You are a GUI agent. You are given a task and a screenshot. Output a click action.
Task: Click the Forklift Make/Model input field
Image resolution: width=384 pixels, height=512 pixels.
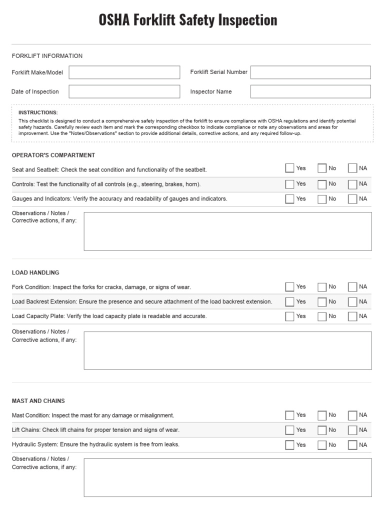[x=124, y=72]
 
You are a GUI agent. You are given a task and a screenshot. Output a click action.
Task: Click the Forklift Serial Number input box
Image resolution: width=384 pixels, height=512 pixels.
[x=310, y=72]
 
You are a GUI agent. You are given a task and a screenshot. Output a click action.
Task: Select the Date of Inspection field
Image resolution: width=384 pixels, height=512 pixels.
[x=124, y=91]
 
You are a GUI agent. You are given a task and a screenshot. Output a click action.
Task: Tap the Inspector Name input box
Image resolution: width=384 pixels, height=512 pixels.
[x=310, y=91]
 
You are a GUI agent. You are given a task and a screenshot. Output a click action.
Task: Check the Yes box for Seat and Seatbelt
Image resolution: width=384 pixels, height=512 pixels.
[x=289, y=168]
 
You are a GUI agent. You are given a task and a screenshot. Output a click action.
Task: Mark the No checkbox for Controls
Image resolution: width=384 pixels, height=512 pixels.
[x=322, y=184]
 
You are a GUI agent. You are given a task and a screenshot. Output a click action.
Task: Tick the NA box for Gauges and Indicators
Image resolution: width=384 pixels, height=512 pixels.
[x=352, y=199]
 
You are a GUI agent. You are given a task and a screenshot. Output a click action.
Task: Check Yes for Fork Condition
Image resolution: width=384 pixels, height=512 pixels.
[x=289, y=287]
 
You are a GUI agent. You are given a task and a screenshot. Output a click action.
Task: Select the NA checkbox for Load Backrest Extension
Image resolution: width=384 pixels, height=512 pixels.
[x=352, y=302]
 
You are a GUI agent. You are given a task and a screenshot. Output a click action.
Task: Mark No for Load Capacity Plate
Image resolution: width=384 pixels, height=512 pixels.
[x=322, y=316]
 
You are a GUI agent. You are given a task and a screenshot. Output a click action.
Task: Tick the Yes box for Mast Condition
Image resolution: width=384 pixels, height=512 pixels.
[x=289, y=415]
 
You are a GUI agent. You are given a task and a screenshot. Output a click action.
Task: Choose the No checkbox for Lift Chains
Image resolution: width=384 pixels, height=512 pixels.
[x=322, y=430]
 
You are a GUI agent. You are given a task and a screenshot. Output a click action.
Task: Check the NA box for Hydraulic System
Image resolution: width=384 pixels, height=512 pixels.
[x=352, y=445]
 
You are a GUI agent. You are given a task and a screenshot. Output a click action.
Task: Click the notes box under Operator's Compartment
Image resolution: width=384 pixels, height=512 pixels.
[x=227, y=231]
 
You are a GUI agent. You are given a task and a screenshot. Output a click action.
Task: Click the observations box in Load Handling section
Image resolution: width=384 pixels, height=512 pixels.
[x=227, y=350]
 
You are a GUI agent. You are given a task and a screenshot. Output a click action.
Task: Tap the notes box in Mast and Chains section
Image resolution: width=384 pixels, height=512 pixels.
[x=227, y=477]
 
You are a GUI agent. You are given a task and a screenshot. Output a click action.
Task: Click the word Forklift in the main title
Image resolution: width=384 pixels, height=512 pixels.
[x=153, y=20]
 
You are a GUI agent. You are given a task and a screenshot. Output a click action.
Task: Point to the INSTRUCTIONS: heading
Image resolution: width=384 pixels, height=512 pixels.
[x=38, y=112]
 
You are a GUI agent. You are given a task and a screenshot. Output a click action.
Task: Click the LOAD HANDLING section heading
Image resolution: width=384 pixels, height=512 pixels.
[x=35, y=272]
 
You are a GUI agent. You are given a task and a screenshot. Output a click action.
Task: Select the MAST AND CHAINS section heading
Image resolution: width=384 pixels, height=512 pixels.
[x=38, y=401]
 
